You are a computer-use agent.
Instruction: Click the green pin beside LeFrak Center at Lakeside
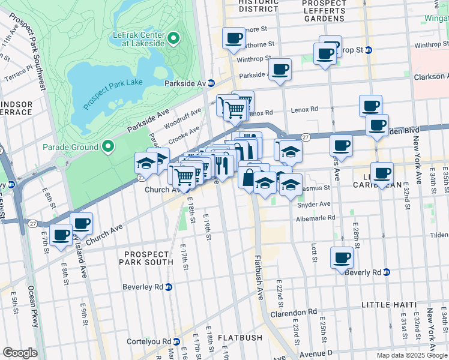(173, 39)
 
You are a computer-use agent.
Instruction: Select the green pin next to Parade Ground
(108, 146)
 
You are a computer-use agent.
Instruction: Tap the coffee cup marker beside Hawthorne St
(234, 39)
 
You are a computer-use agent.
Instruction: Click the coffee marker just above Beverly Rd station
(342, 259)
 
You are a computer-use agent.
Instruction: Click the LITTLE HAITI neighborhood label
(388, 305)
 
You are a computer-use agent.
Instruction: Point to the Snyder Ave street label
(313, 204)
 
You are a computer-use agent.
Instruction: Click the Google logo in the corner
(20, 353)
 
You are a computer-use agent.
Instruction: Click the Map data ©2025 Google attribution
(411, 355)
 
